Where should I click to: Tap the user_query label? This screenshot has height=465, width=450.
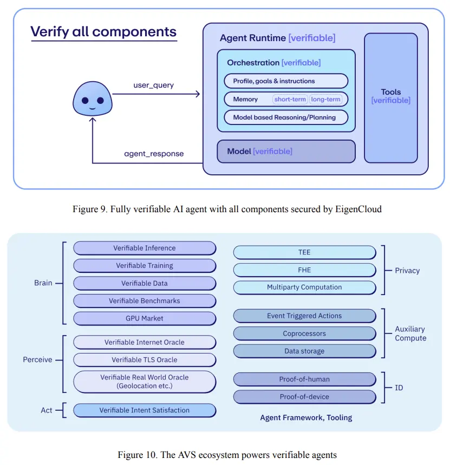tap(154, 86)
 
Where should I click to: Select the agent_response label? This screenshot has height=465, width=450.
tap(154, 154)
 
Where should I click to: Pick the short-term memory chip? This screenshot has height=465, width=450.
tap(291, 100)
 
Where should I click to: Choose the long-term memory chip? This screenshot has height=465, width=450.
tap(325, 100)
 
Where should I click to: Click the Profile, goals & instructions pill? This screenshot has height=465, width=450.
tap(286, 81)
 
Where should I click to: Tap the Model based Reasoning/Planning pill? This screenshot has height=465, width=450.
tap(286, 117)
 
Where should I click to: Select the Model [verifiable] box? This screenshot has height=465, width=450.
tap(286, 152)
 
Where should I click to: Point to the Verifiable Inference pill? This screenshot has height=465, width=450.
tap(145, 248)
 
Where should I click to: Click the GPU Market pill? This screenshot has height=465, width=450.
tap(145, 319)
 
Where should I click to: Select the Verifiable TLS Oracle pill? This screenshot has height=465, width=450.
tap(145, 359)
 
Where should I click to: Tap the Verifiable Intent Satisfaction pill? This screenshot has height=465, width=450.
tap(145, 410)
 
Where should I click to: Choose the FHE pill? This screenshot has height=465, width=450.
tap(304, 270)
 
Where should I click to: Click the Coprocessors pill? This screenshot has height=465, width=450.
tap(304, 333)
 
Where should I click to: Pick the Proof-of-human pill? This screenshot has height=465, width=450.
tap(304, 379)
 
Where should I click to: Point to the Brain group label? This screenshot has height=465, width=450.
tap(43, 283)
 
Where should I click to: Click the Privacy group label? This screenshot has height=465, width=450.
tap(407, 271)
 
